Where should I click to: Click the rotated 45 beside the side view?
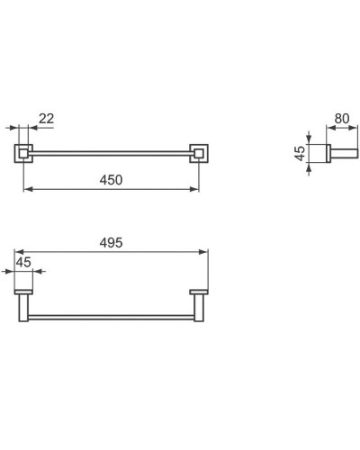point(300,155)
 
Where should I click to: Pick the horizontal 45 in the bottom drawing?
point(23,262)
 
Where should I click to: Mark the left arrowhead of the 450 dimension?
point(25,188)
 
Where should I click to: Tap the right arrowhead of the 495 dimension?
point(206,252)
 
